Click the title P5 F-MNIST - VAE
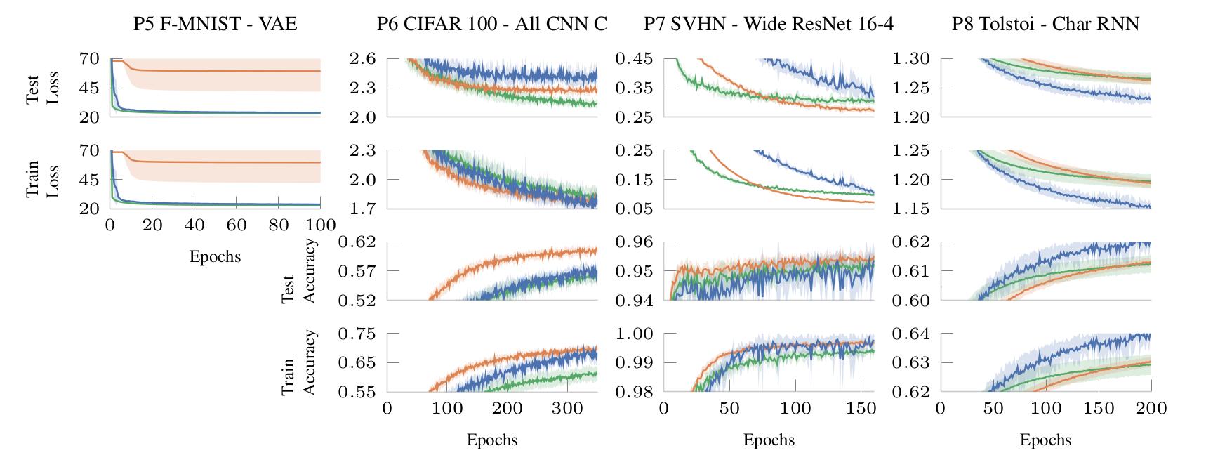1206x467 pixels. [x=215, y=25]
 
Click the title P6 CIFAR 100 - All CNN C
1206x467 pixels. [x=491, y=25]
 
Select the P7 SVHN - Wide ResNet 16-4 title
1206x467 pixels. [x=769, y=25]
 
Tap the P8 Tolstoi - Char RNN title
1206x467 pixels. [x=1045, y=25]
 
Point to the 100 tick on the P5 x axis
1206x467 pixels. [x=321, y=225]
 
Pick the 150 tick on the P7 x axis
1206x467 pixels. [x=861, y=408]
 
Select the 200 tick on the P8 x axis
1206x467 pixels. [x=1151, y=408]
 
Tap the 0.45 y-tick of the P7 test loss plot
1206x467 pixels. [x=635, y=58]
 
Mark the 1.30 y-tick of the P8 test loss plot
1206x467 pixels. [x=911, y=58]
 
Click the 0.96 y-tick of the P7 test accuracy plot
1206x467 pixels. [x=635, y=242]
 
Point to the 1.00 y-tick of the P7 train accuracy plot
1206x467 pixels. [x=635, y=334]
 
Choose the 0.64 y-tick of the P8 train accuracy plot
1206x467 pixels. [x=911, y=334]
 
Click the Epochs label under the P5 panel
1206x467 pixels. [x=215, y=256]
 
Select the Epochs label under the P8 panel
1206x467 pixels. [x=1045, y=440]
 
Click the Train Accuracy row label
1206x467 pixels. [x=299, y=362]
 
